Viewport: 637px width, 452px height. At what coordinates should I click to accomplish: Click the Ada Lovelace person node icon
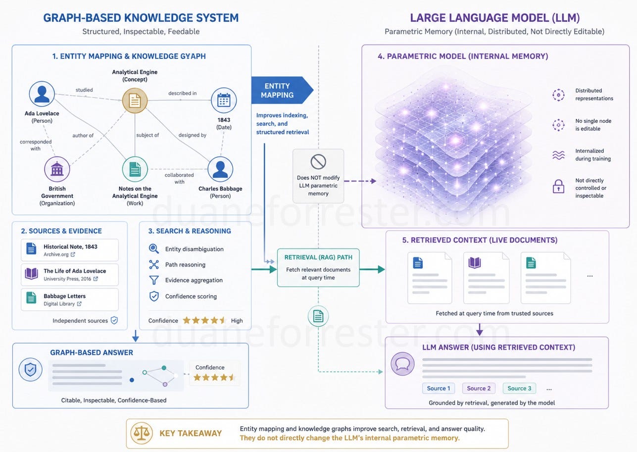[x=42, y=94]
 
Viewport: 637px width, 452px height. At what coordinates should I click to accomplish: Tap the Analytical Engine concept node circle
[x=135, y=100]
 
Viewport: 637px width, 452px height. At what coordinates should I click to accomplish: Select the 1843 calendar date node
[x=224, y=100]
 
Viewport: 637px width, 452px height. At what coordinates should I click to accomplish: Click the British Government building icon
[x=57, y=169]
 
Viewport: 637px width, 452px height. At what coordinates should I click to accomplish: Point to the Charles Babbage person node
[x=220, y=169]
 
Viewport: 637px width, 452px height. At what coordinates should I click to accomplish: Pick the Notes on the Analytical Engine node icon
[x=135, y=169]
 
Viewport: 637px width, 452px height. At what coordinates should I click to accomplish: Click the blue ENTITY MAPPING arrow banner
[x=282, y=90]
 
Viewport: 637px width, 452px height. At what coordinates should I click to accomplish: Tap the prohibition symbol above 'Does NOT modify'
[x=318, y=162]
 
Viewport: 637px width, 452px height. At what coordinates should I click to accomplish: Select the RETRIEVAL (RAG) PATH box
[x=318, y=268]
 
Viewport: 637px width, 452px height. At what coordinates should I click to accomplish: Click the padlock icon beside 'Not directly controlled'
[x=558, y=187]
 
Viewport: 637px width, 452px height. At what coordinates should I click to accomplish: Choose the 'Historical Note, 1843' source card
[x=70, y=250]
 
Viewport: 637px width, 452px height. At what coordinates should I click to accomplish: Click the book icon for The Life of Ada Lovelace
[x=31, y=274]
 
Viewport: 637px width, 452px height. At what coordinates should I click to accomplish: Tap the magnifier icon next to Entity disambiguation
[x=154, y=249]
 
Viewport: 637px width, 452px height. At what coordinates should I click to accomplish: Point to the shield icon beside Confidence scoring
[x=154, y=296]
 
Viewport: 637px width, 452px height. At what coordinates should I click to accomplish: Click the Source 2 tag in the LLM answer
[x=479, y=388]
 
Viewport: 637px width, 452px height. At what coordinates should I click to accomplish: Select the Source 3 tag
[x=519, y=388]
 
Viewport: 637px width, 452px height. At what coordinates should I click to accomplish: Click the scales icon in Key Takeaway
[x=142, y=433]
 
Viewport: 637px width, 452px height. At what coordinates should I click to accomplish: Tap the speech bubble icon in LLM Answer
[x=402, y=364]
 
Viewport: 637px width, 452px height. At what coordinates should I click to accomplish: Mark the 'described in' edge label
[x=182, y=93]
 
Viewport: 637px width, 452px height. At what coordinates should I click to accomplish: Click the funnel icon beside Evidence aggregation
[x=154, y=280]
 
